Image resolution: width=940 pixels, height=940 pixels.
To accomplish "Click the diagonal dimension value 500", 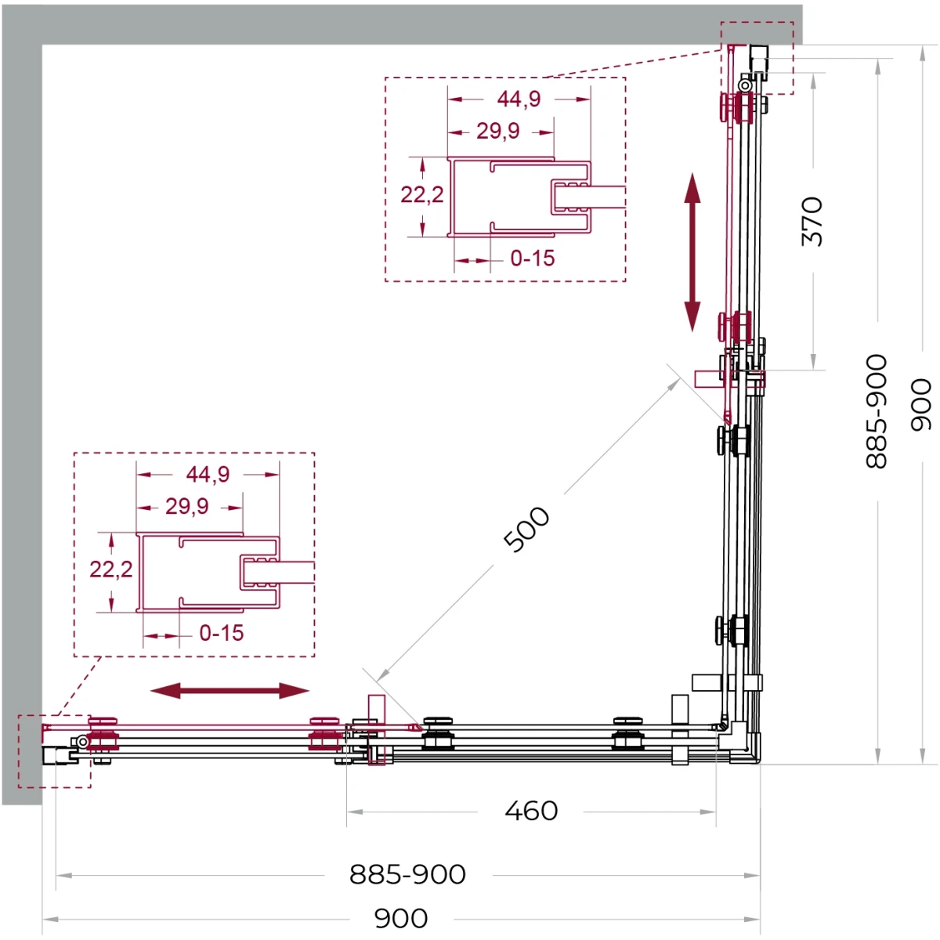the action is [x=526, y=530].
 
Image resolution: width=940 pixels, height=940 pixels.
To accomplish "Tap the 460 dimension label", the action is [x=531, y=812].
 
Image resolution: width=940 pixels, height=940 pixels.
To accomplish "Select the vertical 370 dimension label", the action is [x=812, y=221].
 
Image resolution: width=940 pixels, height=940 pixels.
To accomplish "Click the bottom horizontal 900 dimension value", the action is [x=401, y=919].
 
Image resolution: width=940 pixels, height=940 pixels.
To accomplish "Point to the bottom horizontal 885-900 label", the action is [x=407, y=875].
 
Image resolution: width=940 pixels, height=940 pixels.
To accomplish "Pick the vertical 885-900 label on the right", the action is [x=876, y=411].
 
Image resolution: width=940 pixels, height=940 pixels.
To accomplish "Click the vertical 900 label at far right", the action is [x=921, y=404].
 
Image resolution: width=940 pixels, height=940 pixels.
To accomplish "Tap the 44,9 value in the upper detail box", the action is [x=519, y=99].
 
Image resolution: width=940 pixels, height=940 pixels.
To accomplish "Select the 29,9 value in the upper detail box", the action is [x=498, y=131].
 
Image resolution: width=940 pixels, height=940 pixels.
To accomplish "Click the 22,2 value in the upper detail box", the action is [x=422, y=194].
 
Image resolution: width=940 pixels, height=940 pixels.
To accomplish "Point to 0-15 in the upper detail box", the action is [x=532, y=258].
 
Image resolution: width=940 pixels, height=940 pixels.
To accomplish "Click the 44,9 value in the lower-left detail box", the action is [x=208, y=474].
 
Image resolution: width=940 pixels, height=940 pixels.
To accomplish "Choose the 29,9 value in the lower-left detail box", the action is [x=187, y=506].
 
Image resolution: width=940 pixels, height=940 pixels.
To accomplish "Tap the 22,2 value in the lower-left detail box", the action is [x=110, y=569].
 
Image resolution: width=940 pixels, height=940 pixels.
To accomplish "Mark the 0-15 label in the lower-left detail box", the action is [x=222, y=633].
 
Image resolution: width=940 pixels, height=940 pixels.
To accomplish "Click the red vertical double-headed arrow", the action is [x=692, y=252].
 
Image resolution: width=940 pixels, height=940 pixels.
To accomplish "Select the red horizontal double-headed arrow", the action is [x=230, y=690].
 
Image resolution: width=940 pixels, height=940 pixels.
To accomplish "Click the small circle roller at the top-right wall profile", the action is [x=745, y=86].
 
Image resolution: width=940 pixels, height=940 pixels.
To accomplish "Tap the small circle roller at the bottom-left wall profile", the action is [x=83, y=742].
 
